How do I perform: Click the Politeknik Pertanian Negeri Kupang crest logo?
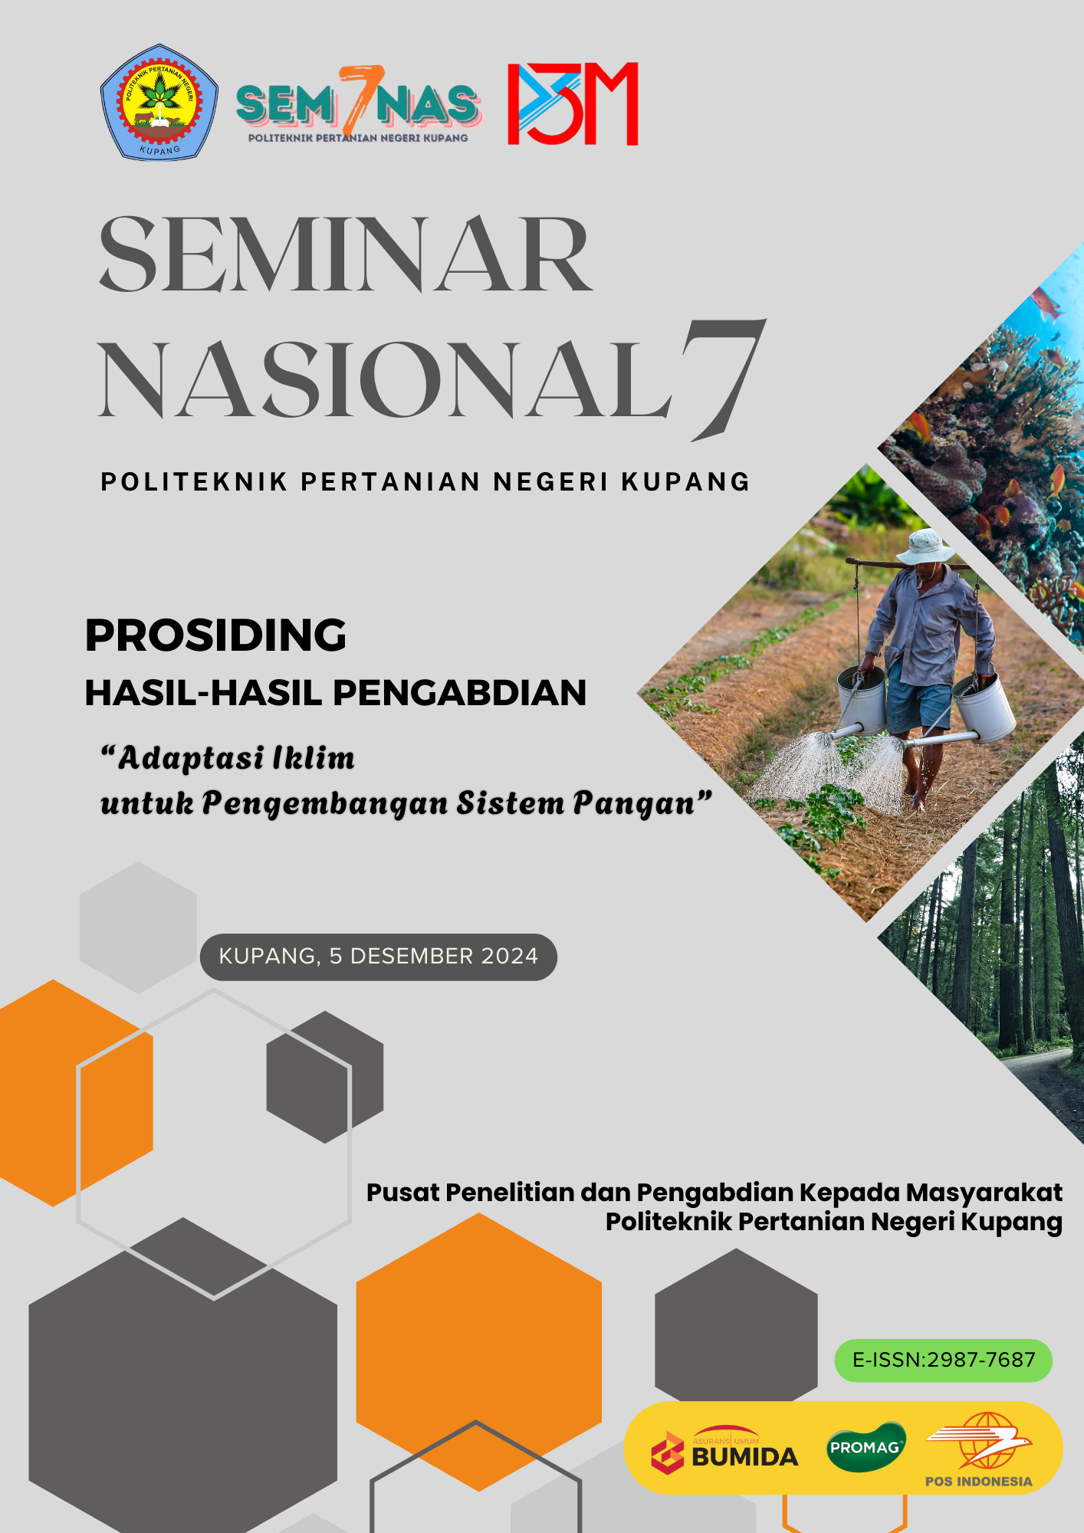[x=159, y=102]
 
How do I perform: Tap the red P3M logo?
[x=573, y=103]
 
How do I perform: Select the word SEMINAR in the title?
[x=347, y=254]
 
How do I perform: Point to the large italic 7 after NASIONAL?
[x=724, y=379]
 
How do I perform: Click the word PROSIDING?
[x=216, y=635]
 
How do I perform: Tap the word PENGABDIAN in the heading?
[x=460, y=692]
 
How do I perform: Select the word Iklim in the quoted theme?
[x=314, y=757]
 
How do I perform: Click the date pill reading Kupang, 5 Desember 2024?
[x=379, y=957]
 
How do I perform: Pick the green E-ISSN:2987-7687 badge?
[x=944, y=1361]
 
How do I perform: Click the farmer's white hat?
[x=926, y=547]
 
